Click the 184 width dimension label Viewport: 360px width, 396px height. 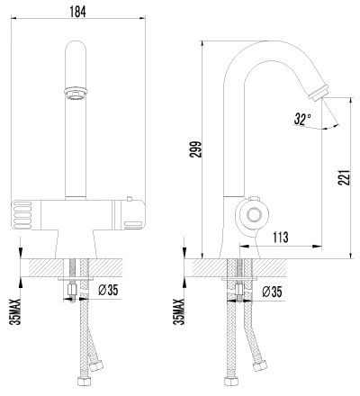click(77, 12)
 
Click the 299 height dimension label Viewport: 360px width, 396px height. click(196, 149)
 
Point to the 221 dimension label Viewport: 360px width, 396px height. click(345, 177)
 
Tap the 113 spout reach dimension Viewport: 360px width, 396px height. click(281, 237)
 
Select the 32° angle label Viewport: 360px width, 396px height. click(302, 119)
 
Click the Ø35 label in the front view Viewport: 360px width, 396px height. click(108, 290)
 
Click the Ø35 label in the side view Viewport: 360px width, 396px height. click(272, 292)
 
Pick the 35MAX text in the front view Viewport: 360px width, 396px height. click(15, 311)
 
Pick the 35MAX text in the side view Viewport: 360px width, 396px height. click(179, 311)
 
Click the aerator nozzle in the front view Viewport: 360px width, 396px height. click(76, 93)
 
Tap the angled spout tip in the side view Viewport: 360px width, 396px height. click(318, 92)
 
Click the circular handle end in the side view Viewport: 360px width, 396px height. click(254, 215)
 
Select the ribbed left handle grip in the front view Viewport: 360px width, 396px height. click(22, 215)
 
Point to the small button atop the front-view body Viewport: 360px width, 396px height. click(130, 199)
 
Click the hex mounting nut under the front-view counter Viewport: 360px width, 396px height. click(73, 290)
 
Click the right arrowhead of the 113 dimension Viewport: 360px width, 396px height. click(317, 247)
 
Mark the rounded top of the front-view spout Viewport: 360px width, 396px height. click(76, 47)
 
